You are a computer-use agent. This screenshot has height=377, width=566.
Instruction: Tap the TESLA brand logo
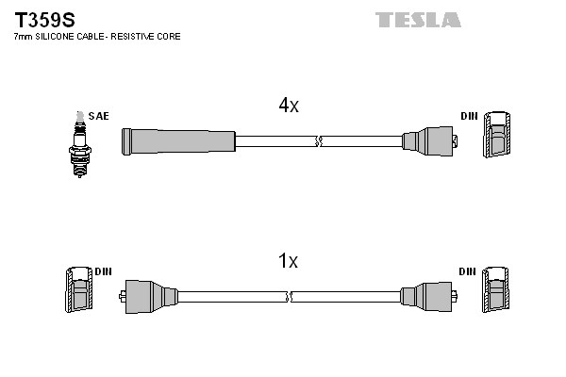[418, 20]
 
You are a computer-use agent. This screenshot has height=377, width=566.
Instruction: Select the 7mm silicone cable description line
[95, 37]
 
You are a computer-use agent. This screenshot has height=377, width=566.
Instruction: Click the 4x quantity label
[289, 107]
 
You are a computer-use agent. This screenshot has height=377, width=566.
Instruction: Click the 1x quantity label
[289, 261]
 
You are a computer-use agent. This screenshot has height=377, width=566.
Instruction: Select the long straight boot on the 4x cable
[177, 141]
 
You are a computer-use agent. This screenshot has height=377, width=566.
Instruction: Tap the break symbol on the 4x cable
[318, 141]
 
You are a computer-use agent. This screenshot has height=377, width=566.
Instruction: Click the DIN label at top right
[469, 116]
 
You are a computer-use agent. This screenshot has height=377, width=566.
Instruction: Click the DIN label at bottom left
[103, 271]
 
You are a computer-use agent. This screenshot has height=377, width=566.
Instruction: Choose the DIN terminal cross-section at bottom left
[78, 290]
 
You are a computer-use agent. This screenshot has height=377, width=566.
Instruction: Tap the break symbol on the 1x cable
[290, 296]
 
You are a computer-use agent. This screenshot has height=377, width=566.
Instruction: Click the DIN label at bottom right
[467, 271]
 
